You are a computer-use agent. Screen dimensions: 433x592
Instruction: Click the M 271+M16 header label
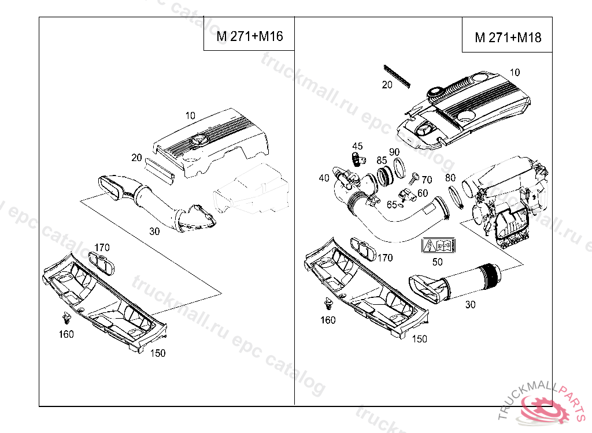250,36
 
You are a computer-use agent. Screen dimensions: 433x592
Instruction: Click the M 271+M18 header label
508,38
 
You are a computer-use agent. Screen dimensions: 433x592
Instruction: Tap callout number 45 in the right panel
357,146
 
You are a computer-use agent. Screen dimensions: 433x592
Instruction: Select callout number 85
382,160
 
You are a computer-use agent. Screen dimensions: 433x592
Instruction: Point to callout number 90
394,152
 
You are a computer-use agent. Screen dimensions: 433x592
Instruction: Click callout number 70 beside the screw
427,180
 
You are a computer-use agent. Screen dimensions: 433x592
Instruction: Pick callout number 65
392,204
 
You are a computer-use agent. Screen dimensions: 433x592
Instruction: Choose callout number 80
450,178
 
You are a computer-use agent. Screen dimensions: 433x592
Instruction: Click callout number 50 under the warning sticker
438,261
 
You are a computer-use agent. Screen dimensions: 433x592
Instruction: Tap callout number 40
324,178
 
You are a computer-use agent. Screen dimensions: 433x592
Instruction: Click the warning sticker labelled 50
438,246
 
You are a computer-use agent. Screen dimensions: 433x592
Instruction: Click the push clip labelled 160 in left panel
66,317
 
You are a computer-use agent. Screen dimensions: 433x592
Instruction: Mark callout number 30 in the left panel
154,232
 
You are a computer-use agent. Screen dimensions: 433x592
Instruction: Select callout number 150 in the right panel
420,338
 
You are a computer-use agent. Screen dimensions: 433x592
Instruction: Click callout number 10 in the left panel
191,115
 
